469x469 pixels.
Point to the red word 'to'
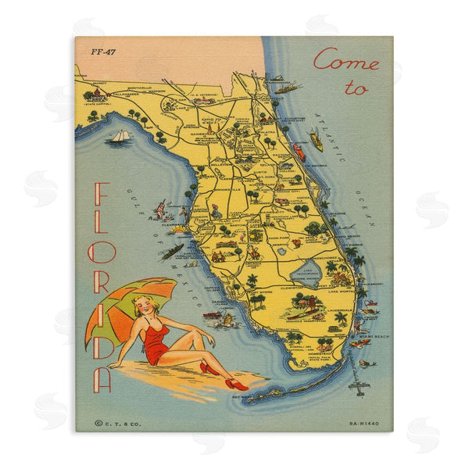point(356,88)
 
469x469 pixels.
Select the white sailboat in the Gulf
point(120,137)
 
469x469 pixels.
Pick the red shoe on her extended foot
point(235,385)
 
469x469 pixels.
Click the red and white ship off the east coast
point(299,150)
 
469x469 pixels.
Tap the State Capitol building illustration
point(96,94)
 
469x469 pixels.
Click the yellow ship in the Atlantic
point(316,140)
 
